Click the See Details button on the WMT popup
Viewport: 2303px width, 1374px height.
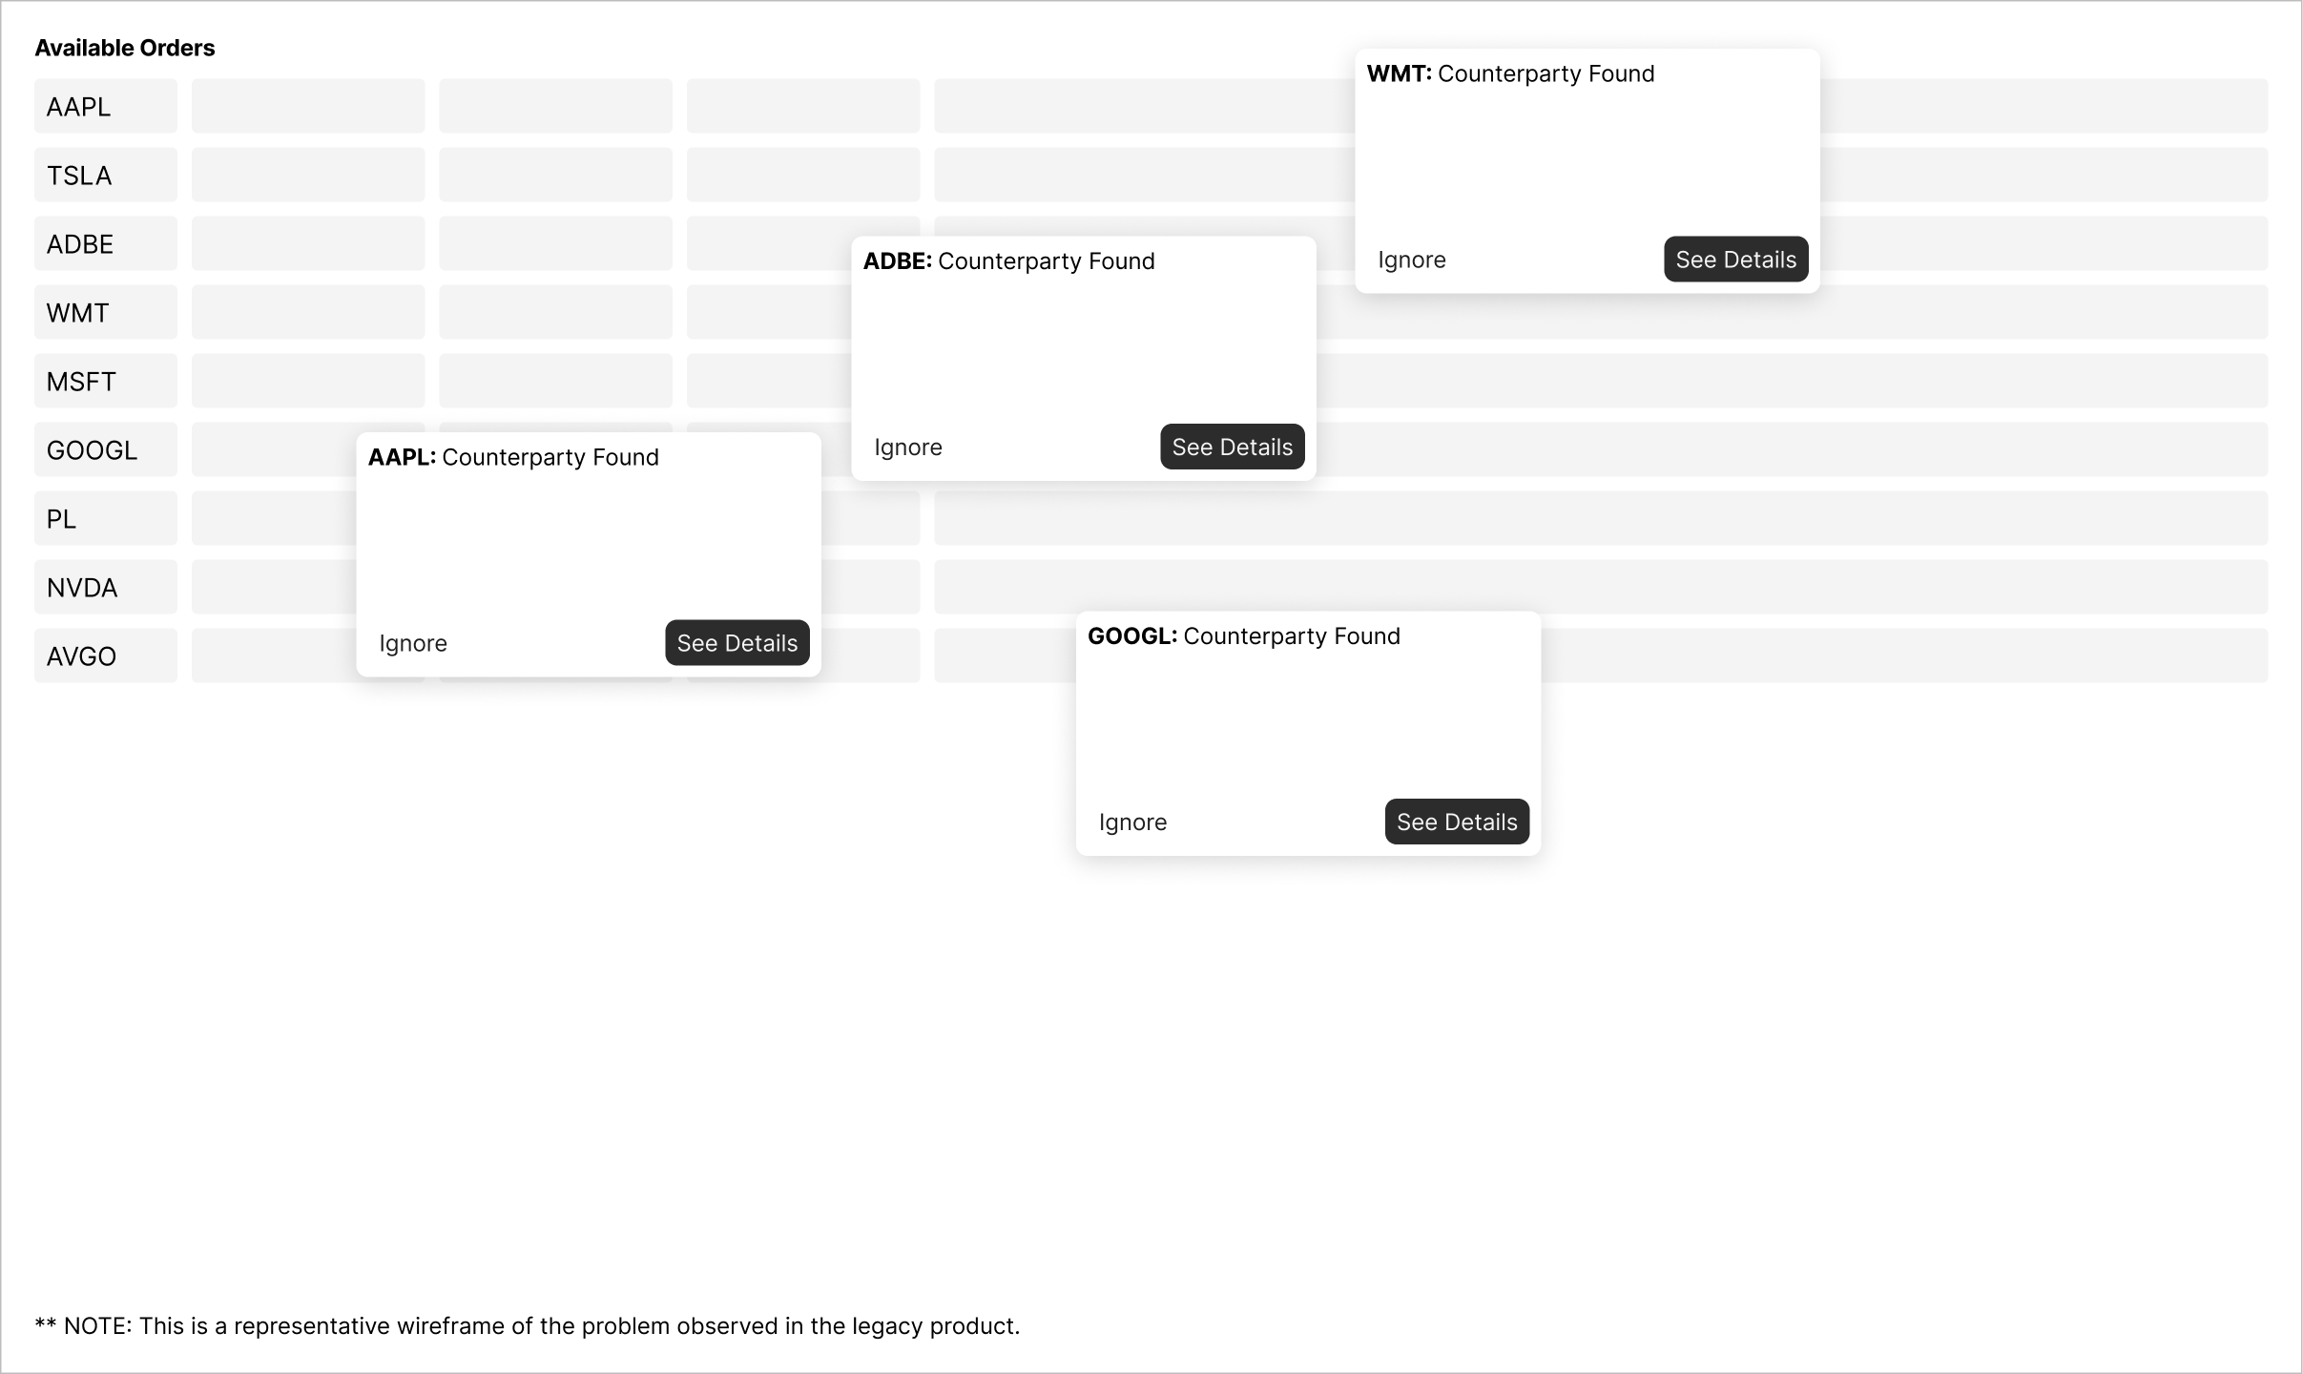point(1735,260)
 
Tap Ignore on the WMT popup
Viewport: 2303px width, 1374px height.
point(1412,260)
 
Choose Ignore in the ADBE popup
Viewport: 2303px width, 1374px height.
point(908,448)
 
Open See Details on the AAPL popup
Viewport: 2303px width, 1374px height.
point(737,643)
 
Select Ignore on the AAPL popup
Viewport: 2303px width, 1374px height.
point(413,643)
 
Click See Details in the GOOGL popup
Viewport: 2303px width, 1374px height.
point(1457,822)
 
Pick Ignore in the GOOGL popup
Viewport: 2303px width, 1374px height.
point(1132,822)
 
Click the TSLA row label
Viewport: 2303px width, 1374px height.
point(79,176)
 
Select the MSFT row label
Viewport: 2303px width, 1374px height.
point(81,382)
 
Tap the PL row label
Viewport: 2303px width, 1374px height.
point(61,519)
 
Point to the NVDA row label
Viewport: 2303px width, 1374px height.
point(82,588)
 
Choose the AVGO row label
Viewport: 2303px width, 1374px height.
point(81,656)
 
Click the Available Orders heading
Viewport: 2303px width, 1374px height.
point(125,48)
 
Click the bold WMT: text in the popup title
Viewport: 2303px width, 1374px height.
point(1399,73)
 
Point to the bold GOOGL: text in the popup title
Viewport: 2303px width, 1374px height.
point(1132,636)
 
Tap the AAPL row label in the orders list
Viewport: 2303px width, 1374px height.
point(78,107)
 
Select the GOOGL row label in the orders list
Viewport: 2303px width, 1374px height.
point(92,450)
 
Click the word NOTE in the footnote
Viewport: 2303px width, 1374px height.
point(96,1326)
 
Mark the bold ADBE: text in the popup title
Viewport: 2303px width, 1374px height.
point(897,261)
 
